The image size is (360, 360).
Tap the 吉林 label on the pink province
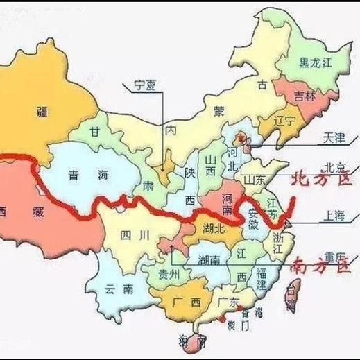pos(305,97)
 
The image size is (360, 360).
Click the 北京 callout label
pos(335,167)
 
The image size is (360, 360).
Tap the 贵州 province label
pos(169,274)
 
